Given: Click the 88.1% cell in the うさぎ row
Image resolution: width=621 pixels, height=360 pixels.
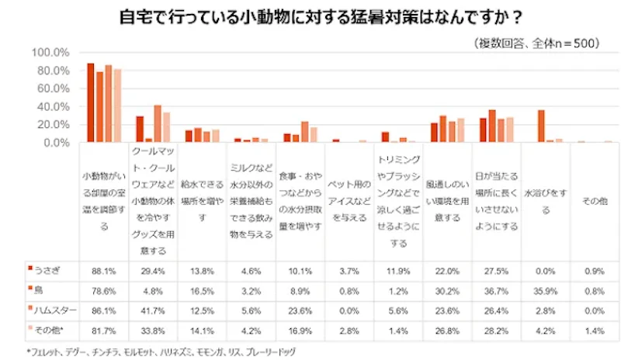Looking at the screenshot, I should pos(104,270).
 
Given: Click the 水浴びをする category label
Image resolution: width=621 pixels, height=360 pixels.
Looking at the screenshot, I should pos(545,199).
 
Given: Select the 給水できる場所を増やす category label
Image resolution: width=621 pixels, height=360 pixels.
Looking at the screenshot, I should pos(202,199).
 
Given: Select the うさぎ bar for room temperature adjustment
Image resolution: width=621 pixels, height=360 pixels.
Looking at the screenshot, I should pos(91,103).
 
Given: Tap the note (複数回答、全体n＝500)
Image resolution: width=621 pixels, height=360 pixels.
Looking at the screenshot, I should pos(536,43).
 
